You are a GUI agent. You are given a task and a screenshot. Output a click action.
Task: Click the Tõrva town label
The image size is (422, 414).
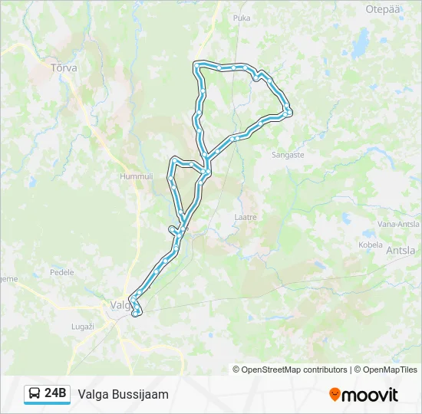point(63,67)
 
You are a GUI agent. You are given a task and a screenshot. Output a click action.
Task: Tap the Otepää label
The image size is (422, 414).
point(384,9)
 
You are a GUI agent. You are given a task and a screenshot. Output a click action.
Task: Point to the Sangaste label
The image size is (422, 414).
point(288,154)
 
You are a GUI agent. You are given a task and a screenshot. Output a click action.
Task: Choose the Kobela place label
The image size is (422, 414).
point(370,245)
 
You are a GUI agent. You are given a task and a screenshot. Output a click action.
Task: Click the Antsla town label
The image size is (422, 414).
point(401,251)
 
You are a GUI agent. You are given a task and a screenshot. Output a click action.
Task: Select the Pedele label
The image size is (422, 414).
point(61,272)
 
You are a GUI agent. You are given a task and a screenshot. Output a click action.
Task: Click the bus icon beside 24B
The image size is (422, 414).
point(35,394)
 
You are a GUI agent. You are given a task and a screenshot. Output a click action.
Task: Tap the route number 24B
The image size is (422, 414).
point(56,394)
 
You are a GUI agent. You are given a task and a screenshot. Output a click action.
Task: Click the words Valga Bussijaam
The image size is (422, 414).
point(123,394)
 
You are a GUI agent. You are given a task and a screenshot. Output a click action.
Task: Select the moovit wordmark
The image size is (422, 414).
point(371,395)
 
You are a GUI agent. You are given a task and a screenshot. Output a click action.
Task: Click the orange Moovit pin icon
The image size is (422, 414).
point(335,395)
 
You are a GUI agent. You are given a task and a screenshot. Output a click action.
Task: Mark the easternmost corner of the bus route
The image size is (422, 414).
point(289,113)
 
